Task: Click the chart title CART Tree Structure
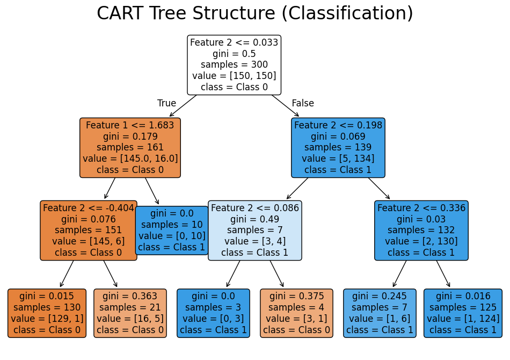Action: pyautogui.click(x=255, y=13)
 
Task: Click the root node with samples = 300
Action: pyautogui.click(x=234, y=65)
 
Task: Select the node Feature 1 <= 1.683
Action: pyautogui.click(x=130, y=148)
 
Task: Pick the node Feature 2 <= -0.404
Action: pyautogui.click(x=89, y=231)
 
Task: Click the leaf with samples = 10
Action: pyautogui.click(x=172, y=231)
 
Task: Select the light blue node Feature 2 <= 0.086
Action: pyautogui.click(x=255, y=231)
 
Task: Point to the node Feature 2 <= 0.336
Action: pyautogui.click(x=421, y=231)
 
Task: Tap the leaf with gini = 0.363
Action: pyautogui.click(x=130, y=313)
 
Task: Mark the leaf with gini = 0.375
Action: pyautogui.click(x=296, y=313)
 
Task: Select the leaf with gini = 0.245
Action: pyautogui.click(x=380, y=313)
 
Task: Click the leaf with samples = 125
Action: pyautogui.click(x=463, y=313)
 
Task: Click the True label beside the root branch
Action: pyautogui.click(x=166, y=103)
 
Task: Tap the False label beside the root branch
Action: pyautogui.click(x=303, y=103)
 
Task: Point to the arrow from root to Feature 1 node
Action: pyautogui.click(x=183, y=106)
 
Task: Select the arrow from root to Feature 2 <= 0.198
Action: pyautogui.click(x=285, y=106)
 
